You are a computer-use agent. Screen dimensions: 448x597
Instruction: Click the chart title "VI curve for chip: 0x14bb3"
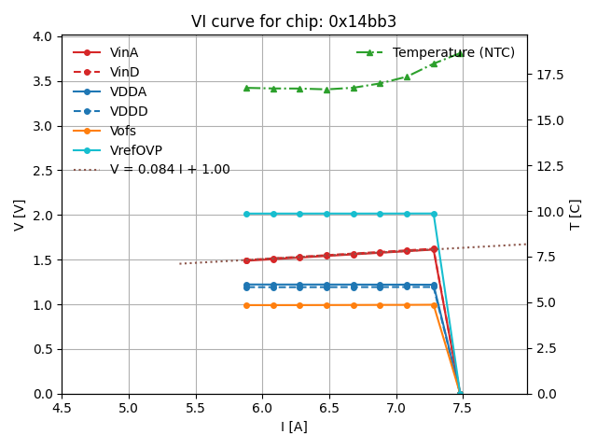(x=294, y=21)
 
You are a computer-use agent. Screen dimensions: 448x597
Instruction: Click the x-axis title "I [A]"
(x=294, y=427)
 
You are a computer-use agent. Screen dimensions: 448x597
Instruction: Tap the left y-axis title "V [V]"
(x=20, y=215)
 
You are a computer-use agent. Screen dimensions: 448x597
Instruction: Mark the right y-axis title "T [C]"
(x=576, y=215)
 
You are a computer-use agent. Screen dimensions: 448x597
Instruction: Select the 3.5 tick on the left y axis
(x=43, y=81)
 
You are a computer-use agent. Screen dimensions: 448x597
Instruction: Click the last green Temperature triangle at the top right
(x=461, y=53)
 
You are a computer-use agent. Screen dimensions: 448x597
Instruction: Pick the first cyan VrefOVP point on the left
(x=246, y=214)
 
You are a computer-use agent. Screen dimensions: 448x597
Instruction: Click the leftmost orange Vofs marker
(x=246, y=305)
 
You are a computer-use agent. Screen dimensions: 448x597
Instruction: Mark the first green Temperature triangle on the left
(x=246, y=88)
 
